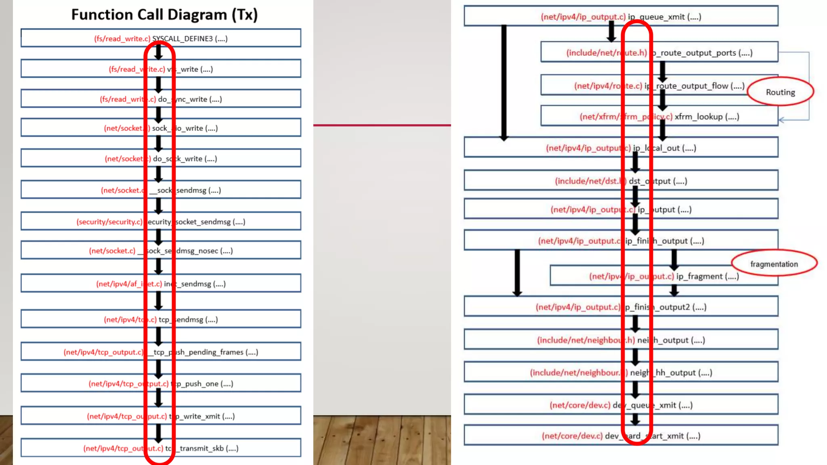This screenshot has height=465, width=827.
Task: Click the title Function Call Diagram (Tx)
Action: (x=164, y=15)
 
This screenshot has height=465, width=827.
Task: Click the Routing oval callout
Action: (x=780, y=92)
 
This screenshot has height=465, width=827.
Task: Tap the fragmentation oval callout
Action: (x=774, y=264)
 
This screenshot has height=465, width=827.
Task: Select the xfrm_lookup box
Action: (x=707, y=117)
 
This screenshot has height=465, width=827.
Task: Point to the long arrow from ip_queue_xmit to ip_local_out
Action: (x=504, y=81)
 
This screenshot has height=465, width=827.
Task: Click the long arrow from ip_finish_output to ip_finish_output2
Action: (x=517, y=272)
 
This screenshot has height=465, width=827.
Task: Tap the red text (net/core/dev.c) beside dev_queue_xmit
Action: (x=580, y=405)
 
